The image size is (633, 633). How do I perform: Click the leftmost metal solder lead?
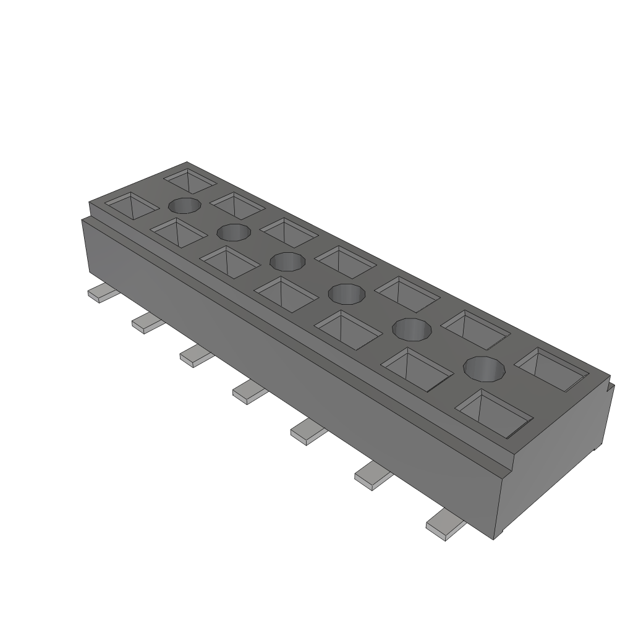coord(99,293)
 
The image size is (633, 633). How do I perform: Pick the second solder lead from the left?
coord(148,323)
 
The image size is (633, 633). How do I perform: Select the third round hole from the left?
coord(287,261)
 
